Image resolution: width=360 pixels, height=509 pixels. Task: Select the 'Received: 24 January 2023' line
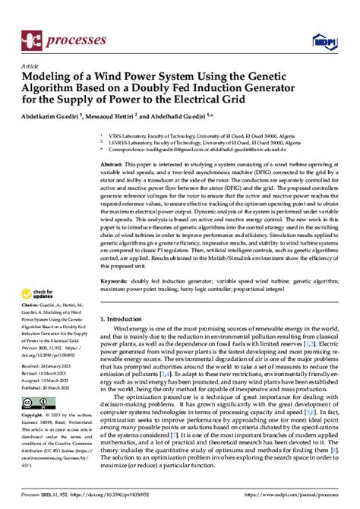pyautogui.click(x=46, y=387)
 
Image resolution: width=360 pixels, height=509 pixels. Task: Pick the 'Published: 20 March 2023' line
pyautogui.click(x=46, y=407)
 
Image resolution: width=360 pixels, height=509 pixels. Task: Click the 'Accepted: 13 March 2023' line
pyautogui.click(x=45, y=400)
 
